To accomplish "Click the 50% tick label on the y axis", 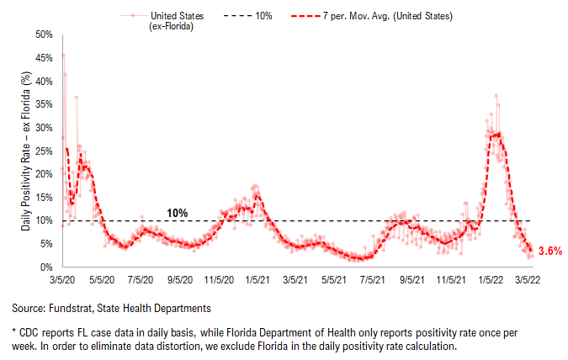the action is pos(44,34).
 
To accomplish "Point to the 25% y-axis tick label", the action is pos(44,151).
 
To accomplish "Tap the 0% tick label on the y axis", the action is pos(46,267).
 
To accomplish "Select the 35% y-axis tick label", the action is pos(44,104).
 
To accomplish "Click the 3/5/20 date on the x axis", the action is pos(62,280).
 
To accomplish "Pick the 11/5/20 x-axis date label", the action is pos(219,280).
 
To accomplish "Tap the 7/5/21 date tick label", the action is pos(373,280).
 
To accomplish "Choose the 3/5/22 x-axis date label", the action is pos(528,280).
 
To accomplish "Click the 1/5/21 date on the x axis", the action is pos(257,280).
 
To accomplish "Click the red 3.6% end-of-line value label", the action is pos(550,251).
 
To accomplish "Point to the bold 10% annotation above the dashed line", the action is pos(178,213).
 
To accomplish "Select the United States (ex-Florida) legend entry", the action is pos(162,21).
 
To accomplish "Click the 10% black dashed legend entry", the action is pos(247,16).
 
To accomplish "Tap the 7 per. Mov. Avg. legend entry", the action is pos(372,16).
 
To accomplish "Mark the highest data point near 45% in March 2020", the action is pos(63,56).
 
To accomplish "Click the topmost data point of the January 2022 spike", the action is pos(496,96).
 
